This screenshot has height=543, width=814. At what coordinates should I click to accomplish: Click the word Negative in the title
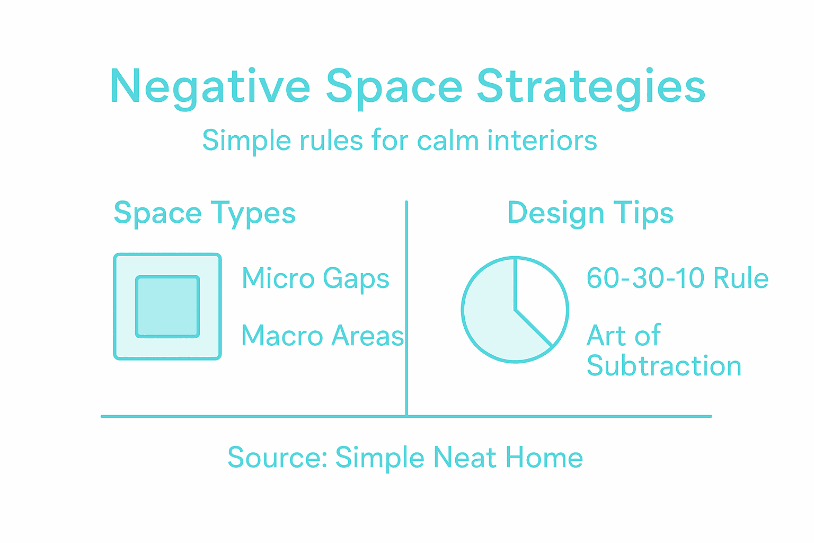click(x=210, y=87)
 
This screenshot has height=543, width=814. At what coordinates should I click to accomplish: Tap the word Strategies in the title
click(x=591, y=87)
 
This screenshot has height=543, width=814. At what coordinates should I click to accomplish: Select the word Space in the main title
click(x=394, y=87)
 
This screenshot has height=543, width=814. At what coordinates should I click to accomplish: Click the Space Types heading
click(x=205, y=214)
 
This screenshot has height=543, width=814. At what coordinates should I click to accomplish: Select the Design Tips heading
click(x=590, y=214)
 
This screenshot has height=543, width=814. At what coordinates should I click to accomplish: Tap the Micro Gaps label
click(x=315, y=278)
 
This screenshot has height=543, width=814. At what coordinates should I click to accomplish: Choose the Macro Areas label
click(x=322, y=336)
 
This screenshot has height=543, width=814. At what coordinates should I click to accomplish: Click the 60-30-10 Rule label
click(x=677, y=278)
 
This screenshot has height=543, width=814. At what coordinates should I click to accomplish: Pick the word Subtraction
click(x=664, y=366)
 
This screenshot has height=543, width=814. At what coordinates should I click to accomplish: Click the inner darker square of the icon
click(x=167, y=306)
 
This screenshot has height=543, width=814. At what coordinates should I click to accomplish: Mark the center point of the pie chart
click(x=515, y=309)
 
